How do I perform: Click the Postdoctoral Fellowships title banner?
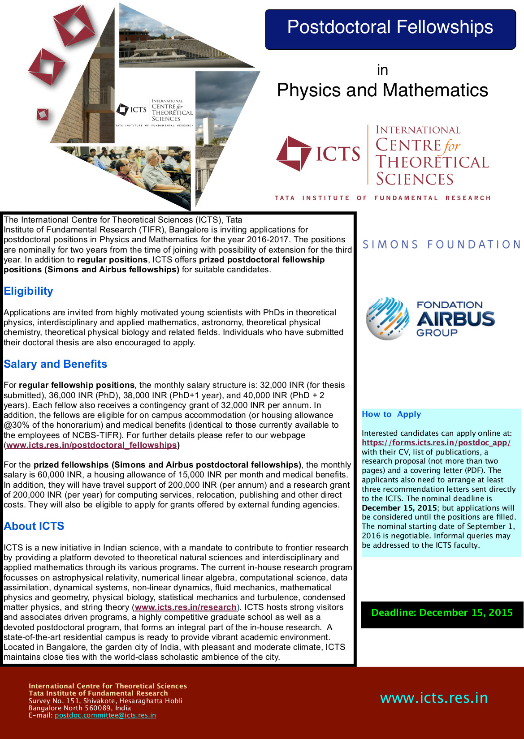click(x=390, y=28)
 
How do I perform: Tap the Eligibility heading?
click(x=28, y=291)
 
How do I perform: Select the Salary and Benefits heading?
click(x=55, y=364)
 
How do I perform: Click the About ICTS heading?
click(x=34, y=526)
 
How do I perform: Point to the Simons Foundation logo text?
click(x=441, y=245)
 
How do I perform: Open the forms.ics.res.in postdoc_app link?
click(x=436, y=443)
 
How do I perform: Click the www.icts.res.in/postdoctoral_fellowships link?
click(x=91, y=445)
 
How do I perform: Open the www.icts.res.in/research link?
click(x=186, y=607)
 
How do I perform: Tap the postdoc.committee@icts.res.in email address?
click(x=105, y=715)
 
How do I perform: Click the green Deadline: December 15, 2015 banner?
click(x=442, y=613)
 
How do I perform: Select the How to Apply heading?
click(x=391, y=414)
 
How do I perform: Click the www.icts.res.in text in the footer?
click(x=433, y=698)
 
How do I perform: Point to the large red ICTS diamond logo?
click(x=294, y=154)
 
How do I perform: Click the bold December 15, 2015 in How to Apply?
click(x=399, y=508)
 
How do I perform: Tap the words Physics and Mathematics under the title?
click(x=382, y=90)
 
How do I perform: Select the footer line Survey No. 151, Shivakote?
click(x=105, y=701)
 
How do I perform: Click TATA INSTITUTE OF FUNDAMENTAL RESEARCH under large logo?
click(x=383, y=198)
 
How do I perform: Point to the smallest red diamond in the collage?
click(x=43, y=115)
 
